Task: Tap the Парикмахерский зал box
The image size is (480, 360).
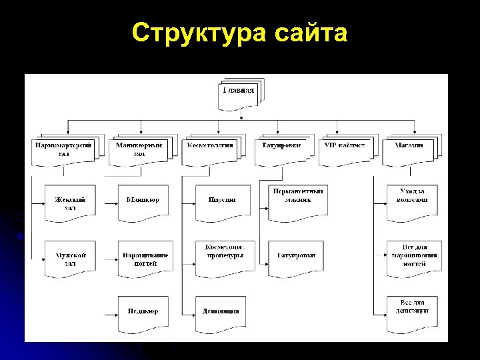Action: click(63, 149)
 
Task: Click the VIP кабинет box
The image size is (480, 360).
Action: click(345, 148)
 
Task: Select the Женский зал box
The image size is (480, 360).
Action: click(70, 203)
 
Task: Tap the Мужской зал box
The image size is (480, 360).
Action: click(70, 259)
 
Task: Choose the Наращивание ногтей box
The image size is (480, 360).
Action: click(145, 259)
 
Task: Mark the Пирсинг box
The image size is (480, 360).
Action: click(221, 203)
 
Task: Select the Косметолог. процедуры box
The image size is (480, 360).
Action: click(221, 257)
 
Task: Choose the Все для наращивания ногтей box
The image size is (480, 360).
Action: click(412, 259)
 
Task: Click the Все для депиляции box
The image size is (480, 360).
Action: click(412, 312)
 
